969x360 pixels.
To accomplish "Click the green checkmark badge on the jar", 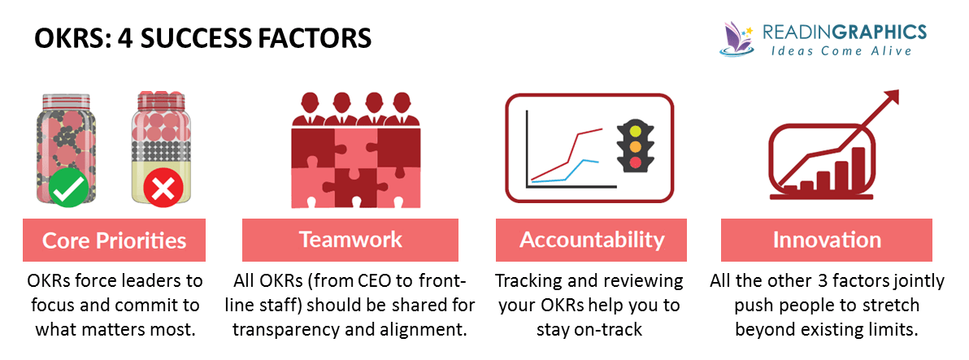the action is coord(68,189).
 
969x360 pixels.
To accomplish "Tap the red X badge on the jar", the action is coord(163,189).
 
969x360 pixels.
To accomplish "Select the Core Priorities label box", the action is coord(115,240).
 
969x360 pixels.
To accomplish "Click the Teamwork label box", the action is coord(350,240).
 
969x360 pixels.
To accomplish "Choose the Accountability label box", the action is coord(592,240).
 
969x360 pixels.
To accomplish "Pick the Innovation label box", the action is coord(827,240).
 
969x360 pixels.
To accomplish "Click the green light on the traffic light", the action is coord(635,132).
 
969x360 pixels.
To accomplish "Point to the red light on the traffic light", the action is coord(635,163).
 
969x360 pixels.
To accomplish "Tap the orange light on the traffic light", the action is coord(635,148).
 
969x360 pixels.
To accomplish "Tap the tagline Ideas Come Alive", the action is coord(841,50).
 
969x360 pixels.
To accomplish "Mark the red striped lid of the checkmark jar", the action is coord(68,99).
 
